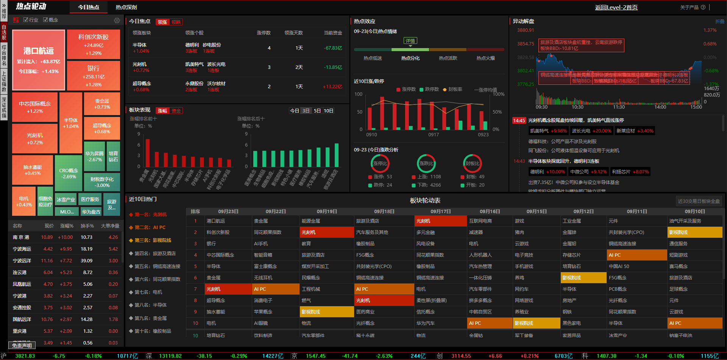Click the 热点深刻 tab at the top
tap(126, 7)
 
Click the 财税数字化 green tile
tap(102, 182)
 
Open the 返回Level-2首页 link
tap(616, 7)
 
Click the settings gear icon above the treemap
tap(117, 20)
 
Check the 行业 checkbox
tap(26, 20)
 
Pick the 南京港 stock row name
tap(21, 237)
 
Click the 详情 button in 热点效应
tap(410, 41)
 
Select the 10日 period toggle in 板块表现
tap(328, 111)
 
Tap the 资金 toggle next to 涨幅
tap(176, 111)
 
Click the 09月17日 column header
tap(440, 212)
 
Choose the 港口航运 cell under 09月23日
tap(216, 221)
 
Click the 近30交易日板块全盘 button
tap(699, 201)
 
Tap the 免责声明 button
tap(22, 345)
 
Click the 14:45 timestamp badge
tap(519, 120)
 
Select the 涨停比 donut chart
tap(380, 164)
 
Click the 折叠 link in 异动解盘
tap(719, 22)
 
